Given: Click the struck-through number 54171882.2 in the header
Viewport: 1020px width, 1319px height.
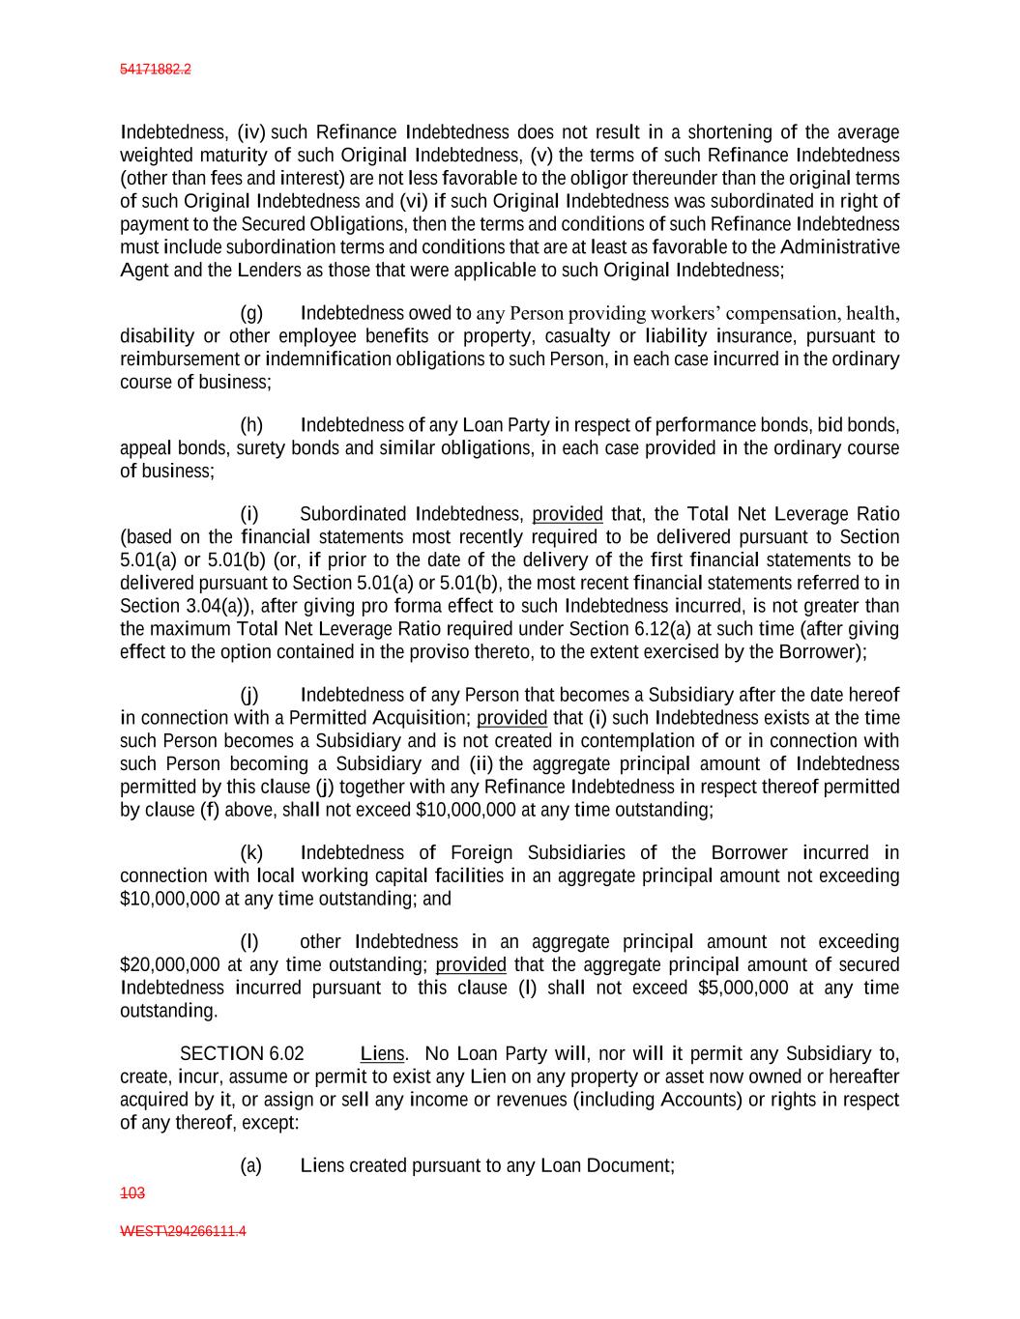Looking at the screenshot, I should click(x=156, y=70).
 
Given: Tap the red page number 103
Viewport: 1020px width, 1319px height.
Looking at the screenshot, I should click(x=132, y=1193).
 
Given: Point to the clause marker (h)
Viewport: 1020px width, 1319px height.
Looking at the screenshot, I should click(x=251, y=425).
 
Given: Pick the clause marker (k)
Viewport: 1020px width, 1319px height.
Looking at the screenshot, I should click(x=251, y=852).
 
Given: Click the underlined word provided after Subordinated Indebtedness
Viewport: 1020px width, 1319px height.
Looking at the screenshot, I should click(x=568, y=514).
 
